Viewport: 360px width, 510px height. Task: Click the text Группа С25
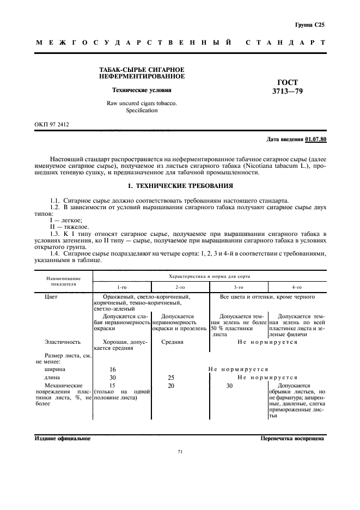pos(309,25)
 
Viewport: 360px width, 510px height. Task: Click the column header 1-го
pos(121,287)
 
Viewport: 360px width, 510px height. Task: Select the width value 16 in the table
pos(112,369)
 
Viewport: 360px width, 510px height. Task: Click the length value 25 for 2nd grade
pos(172,377)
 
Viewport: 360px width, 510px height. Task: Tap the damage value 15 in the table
pos(112,385)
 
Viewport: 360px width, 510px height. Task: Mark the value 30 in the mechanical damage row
pos(229,385)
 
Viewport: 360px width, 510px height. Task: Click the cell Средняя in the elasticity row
pos(172,342)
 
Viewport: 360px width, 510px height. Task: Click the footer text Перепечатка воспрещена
pos(293,438)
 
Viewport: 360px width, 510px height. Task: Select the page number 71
pos(180,452)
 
